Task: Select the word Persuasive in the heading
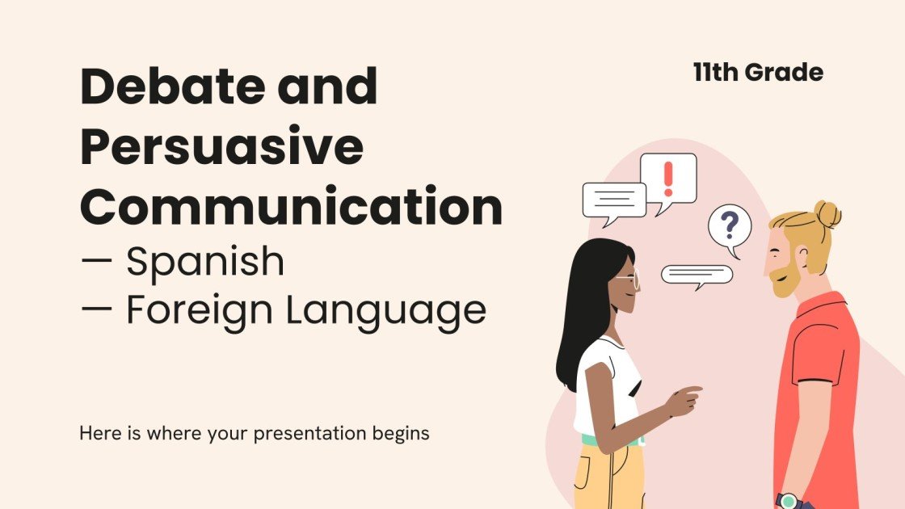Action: (221, 147)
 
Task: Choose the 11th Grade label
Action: (757, 73)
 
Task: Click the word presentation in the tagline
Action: (311, 433)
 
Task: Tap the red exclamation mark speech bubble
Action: (667, 179)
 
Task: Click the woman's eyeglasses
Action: (628, 280)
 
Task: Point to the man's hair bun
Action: (827, 213)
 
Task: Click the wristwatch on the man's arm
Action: (788, 500)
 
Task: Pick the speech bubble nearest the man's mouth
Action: (697, 275)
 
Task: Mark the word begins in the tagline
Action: (402, 433)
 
